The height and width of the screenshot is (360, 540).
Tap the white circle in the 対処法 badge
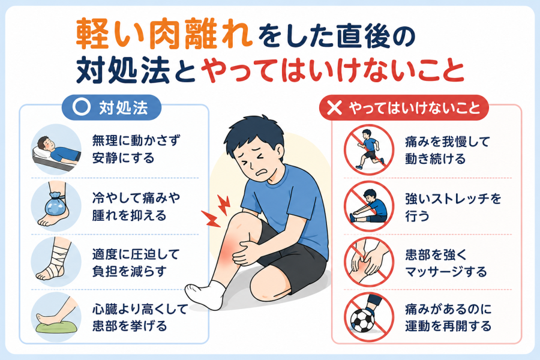[x=81, y=107]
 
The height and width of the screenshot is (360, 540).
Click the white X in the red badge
[x=334, y=107]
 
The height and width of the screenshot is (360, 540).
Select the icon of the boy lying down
[x=56, y=149]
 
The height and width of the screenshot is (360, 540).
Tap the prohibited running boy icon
[x=369, y=150]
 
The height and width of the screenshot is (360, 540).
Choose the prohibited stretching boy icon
[x=369, y=206]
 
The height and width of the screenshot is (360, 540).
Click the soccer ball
[x=362, y=320]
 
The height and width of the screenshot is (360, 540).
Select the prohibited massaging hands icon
[x=369, y=262]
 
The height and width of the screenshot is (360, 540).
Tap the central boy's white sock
[x=206, y=294]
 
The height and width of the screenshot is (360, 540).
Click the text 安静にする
[x=123, y=158]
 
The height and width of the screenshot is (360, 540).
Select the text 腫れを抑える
[x=129, y=215]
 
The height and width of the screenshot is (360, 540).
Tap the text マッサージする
[x=446, y=272]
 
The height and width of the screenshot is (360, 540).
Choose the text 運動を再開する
[x=448, y=326]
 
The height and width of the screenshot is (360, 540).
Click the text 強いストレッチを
[x=453, y=199]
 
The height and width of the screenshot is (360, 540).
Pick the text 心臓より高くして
[x=140, y=309]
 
